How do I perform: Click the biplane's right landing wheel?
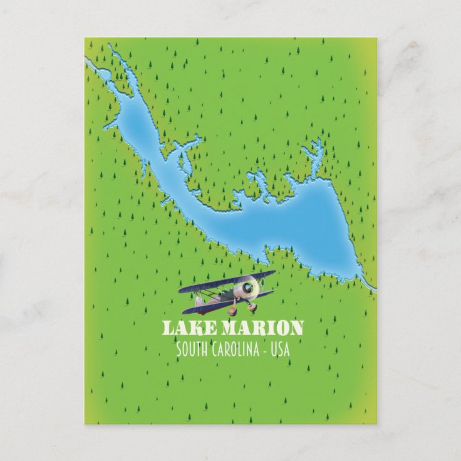click(252, 306)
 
